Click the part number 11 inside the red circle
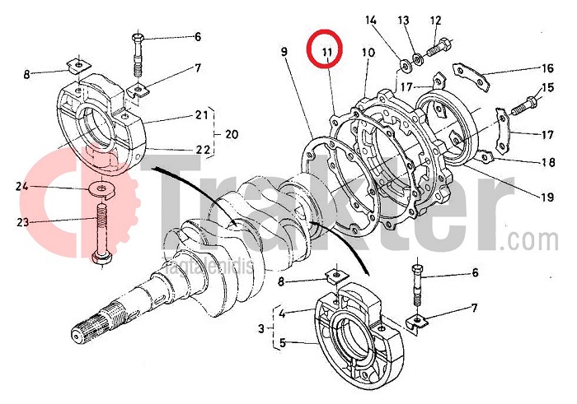(x=327, y=53)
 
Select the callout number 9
(x=284, y=53)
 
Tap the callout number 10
(x=368, y=53)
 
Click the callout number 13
(x=404, y=20)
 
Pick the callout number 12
(x=436, y=20)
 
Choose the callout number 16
(x=547, y=68)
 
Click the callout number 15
(x=547, y=89)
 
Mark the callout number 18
(x=547, y=163)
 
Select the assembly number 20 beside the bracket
(x=232, y=134)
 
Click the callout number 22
(x=202, y=150)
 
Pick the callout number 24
(x=23, y=186)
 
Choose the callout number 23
(x=23, y=221)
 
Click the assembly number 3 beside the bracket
(x=261, y=328)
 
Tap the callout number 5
(x=283, y=344)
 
